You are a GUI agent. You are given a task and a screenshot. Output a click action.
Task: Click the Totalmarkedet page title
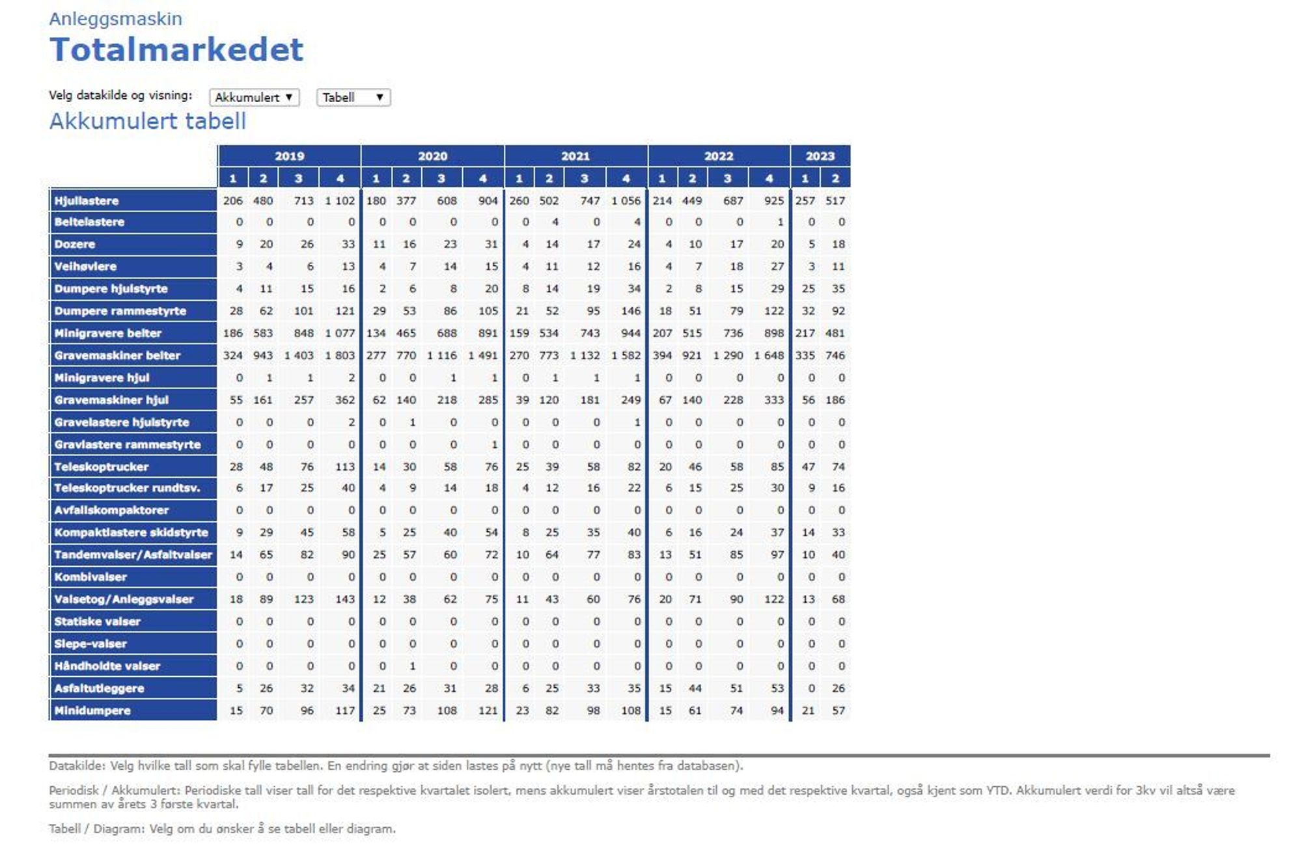point(176,50)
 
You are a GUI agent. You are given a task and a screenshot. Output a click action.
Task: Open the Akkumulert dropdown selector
point(254,98)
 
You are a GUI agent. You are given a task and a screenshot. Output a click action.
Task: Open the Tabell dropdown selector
point(353,98)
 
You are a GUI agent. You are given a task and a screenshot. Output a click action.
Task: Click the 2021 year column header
point(575,156)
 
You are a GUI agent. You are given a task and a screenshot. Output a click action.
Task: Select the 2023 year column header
point(820,156)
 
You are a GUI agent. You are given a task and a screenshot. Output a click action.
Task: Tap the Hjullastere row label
point(87,200)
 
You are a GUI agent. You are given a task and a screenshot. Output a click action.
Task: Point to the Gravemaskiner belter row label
point(117,355)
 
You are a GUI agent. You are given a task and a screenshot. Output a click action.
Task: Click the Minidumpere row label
point(92,711)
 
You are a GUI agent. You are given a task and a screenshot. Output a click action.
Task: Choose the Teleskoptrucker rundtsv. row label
point(127,488)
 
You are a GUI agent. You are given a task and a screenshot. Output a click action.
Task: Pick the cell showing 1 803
point(340,355)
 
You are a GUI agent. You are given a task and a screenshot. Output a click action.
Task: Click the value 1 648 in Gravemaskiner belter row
point(769,355)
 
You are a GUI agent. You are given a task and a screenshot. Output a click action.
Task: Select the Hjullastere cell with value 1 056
point(626,200)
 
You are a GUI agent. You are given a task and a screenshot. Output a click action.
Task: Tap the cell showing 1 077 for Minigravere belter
point(340,333)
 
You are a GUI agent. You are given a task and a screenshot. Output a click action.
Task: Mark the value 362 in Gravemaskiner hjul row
point(345,400)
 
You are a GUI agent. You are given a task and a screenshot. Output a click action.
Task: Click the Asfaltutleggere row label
point(99,689)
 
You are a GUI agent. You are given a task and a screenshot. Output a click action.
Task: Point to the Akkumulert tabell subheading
point(148,122)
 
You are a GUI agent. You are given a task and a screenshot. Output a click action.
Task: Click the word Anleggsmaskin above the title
point(116,19)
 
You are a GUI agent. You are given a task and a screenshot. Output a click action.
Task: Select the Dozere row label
point(75,245)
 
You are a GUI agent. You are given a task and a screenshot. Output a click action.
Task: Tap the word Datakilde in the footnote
point(76,766)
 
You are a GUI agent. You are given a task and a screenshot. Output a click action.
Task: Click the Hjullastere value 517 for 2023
point(835,200)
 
